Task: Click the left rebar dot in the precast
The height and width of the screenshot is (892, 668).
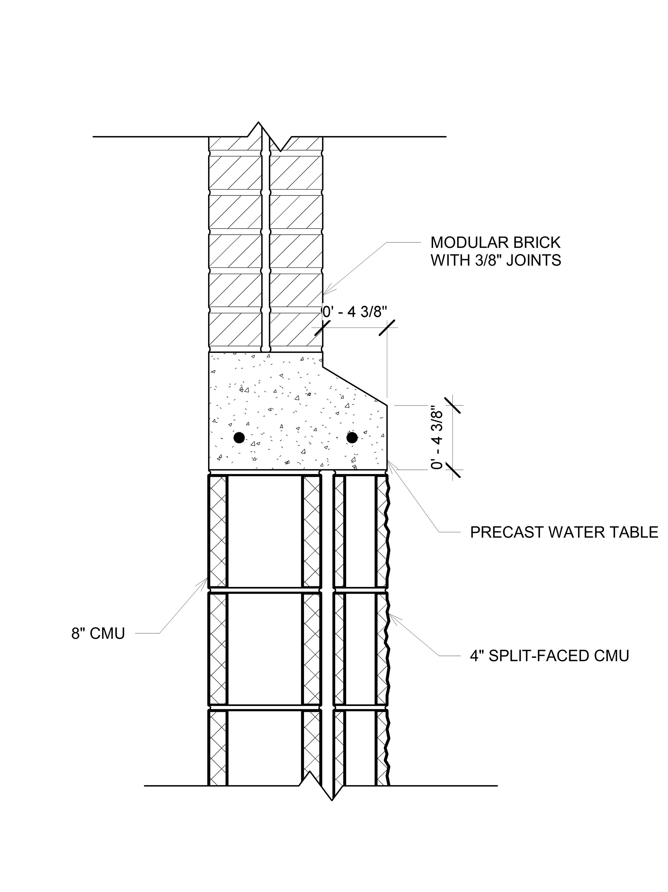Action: (239, 437)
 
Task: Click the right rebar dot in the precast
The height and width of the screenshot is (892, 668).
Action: (352, 437)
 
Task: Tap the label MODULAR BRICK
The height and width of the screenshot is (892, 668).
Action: (495, 243)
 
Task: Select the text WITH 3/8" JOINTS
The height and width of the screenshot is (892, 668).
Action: (496, 260)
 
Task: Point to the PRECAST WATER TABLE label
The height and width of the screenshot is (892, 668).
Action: (564, 532)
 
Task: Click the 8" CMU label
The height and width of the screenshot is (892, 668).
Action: (98, 634)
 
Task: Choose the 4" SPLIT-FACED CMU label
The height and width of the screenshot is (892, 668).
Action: (549, 656)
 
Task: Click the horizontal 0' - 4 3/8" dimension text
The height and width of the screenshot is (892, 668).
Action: (354, 312)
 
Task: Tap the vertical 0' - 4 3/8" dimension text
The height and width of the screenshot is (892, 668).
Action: (437, 438)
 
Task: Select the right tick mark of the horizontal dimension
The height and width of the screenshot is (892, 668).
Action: (387, 328)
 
